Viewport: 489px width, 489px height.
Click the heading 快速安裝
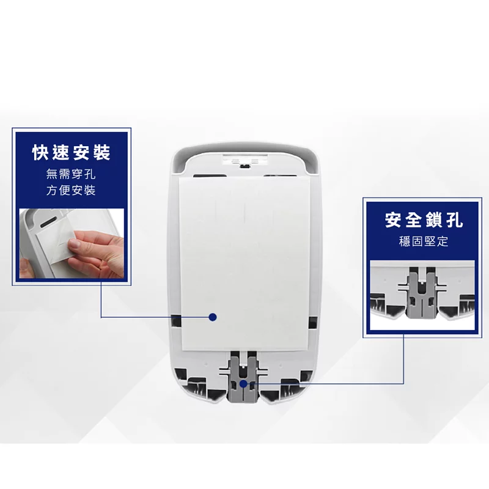(x=72, y=153)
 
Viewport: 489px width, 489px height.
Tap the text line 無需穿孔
(x=72, y=174)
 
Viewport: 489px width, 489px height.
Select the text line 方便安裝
(x=72, y=190)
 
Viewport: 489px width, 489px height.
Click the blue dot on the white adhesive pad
(x=213, y=317)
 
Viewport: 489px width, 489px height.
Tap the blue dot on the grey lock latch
(x=243, y=384)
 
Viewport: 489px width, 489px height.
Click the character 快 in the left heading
(x=42, y=153)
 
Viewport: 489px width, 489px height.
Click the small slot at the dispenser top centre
(x=244, y=164)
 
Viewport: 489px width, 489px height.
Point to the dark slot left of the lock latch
(x=199, y=386)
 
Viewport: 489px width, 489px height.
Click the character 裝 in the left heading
(x=101, y=153)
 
